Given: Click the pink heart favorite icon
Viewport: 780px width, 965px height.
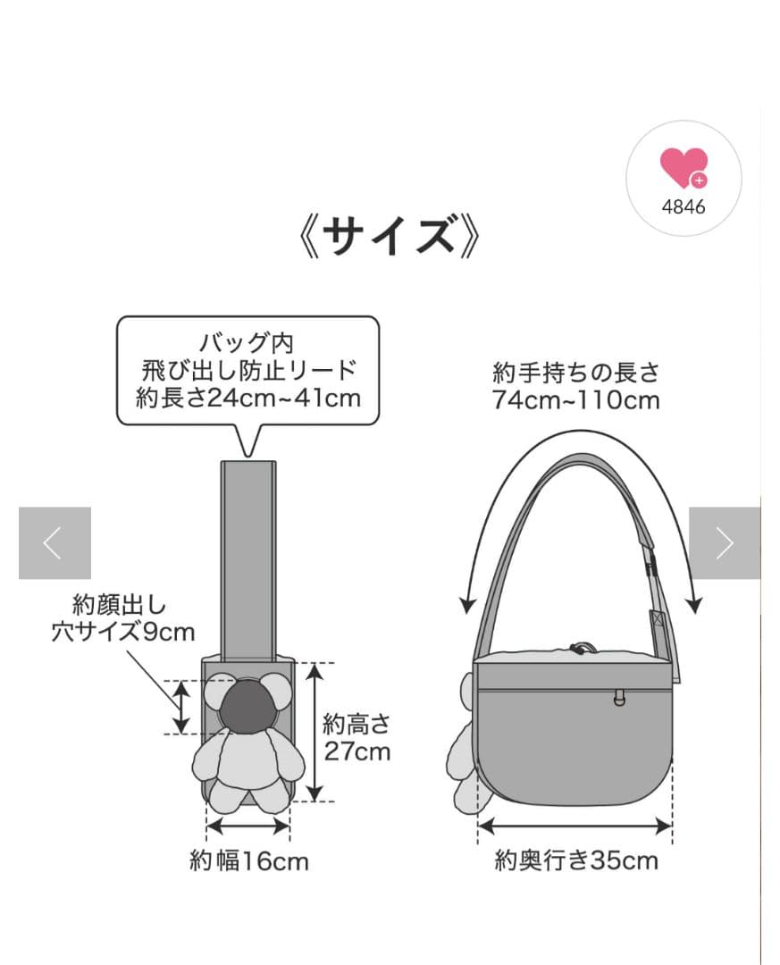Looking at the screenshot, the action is click(x=684, y=167).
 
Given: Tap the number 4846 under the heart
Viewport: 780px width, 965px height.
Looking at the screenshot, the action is click(x=684, y=206).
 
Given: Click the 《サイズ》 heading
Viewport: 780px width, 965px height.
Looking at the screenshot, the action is click(x=389, y=236).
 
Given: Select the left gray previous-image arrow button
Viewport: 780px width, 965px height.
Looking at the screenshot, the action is click(x=55, y=543).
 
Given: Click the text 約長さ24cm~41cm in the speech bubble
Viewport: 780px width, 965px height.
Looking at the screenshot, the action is click(x=248, y=399).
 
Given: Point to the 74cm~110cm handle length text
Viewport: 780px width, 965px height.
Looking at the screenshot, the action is click(x=575, y=400).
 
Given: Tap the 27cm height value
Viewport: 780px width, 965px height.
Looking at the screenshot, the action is click(x=357, y=751).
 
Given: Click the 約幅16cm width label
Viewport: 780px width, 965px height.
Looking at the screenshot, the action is click(x=248, y=861).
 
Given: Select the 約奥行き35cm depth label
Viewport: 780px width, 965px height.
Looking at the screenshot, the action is click(x=576, y=860).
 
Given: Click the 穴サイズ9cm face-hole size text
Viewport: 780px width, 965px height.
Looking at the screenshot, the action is click(x=123, y=632).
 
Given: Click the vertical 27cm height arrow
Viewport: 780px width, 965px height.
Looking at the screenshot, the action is click(x=315, y=732).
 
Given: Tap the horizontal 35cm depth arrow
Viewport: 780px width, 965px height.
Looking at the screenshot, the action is click(x=575, y=827).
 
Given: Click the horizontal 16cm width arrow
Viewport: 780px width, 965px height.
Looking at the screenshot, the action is click(x=247, y=827).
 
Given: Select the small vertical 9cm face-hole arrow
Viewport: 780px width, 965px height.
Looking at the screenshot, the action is click(x=181, y=707).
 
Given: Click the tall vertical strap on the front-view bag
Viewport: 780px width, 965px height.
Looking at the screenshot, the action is click(x=248, y=560).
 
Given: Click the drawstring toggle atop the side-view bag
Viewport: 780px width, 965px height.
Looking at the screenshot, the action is click(x=582, y=648).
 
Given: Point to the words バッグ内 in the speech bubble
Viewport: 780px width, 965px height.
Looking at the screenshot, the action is click(x=247, y=343).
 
